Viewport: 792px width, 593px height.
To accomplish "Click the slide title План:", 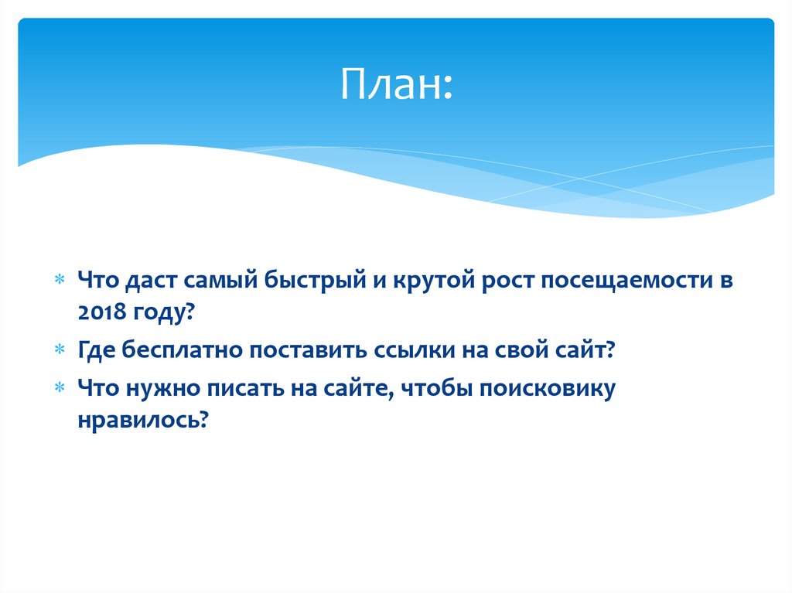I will click(x=395, y=86).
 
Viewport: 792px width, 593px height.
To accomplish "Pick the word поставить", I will click(x=298, y=349).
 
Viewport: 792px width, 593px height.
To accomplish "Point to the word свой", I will click(x=523, y=349).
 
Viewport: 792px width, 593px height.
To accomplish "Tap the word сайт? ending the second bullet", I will click(x=585, y=349).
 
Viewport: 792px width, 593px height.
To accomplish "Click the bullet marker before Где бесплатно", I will click(x=60, y=350).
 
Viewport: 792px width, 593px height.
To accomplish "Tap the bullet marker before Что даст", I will click(x=60, y=281).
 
